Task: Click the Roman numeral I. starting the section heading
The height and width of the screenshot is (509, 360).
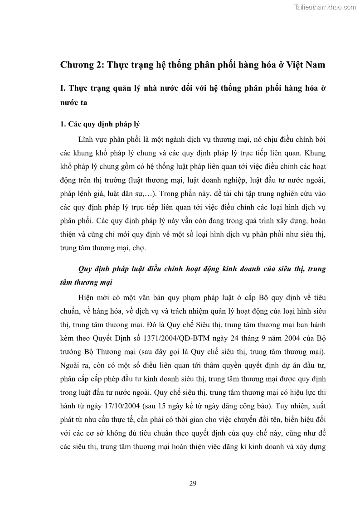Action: [x=63, y=88]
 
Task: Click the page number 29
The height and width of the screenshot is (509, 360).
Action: [x=193, y=483]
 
